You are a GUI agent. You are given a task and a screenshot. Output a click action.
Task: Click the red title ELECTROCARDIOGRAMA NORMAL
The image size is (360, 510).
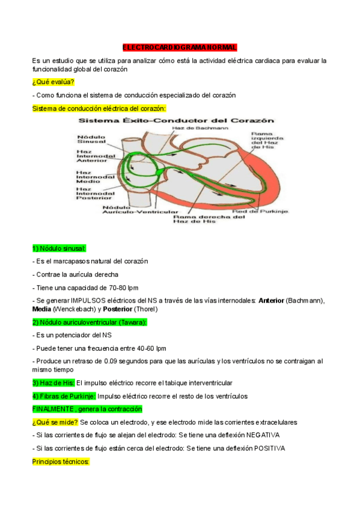[x=180, y=47]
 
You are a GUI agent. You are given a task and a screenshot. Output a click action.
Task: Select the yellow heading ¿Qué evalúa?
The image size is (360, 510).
[x=53, y=82]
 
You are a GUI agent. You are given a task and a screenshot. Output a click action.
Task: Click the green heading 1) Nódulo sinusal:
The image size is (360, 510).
[x=59, y=248]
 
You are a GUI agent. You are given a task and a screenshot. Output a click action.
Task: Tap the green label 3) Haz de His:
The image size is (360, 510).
[x=53, y=383]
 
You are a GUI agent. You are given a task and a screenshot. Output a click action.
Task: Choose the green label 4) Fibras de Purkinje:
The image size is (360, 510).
[x=64, y=396]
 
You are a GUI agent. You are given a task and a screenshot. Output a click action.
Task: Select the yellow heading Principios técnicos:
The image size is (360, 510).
[x=60, y=462]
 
